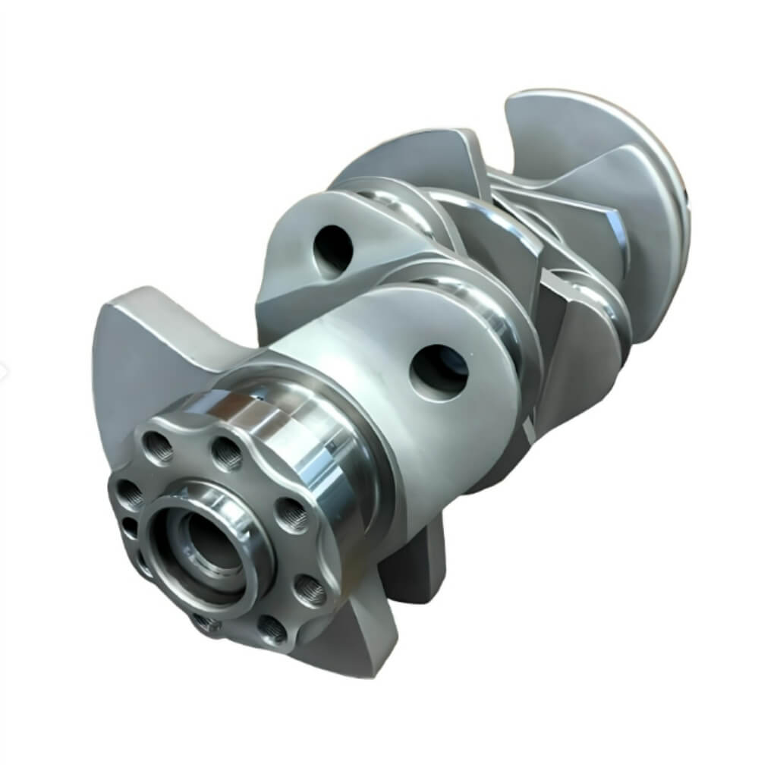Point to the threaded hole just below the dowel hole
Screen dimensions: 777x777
click(x=143, y=562)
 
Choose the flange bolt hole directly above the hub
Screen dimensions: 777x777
click(x=226, y=453)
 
